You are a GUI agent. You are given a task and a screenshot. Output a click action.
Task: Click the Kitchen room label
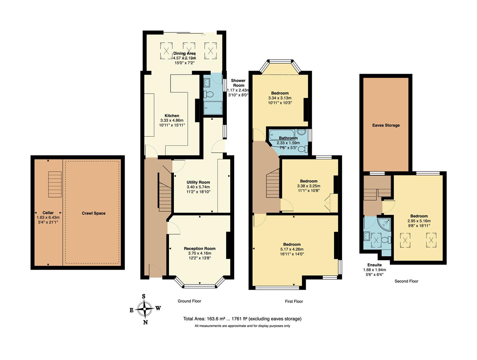172,116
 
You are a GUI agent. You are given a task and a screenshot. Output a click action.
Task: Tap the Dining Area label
184,53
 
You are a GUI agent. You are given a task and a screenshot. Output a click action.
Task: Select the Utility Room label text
198,182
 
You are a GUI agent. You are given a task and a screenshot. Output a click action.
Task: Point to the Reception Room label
200,248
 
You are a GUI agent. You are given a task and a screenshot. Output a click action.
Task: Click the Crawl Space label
94,213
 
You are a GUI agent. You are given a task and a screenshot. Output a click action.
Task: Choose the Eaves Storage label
386,125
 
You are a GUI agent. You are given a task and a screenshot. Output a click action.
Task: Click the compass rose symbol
145,309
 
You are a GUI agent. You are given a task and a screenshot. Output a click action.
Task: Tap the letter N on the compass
145,322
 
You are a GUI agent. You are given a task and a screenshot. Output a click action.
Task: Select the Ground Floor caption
189,301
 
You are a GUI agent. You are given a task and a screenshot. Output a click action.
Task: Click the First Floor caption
294,301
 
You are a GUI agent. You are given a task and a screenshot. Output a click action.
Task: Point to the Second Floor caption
406,281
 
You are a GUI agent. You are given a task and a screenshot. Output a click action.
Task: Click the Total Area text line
242,319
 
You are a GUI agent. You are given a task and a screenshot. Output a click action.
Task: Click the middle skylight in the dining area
189,50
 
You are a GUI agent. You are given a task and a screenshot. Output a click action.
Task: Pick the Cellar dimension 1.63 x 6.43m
48,217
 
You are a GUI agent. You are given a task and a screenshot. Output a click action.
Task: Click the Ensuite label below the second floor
374,265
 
